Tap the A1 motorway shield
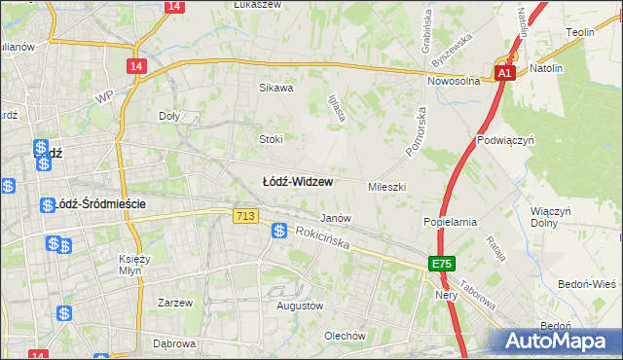click(x=503, y=73)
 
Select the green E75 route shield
click(x=443, y=264)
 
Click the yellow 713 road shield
click(x=245, y=215)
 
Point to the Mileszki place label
click(x=386, y=186)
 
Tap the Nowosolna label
click(x=455, y=82)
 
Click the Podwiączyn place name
click(x=507, y=140)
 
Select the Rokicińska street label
click(x=323, y=238)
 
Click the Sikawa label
click(x=275, y=88)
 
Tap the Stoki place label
click(x=271, y=138)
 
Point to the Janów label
click(x=336, y=218)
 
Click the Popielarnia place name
click(x=450, y=222)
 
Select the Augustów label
click(x=300, y=306)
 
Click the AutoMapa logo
click(x=559, y=341)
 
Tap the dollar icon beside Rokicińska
click(x=279, y=231)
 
